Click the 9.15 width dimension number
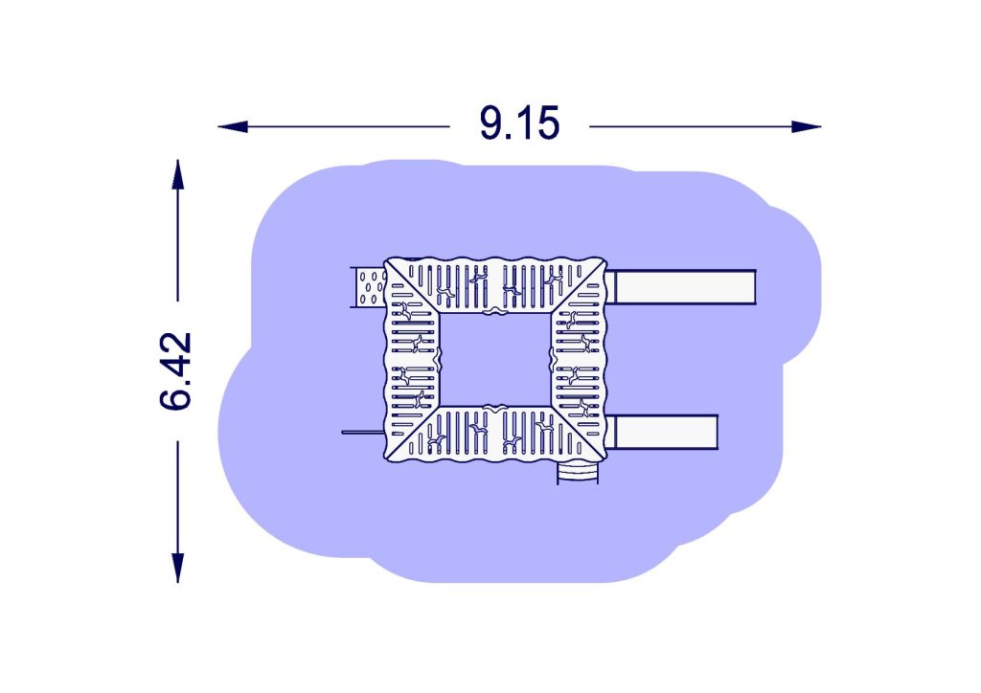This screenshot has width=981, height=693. coord(519,123)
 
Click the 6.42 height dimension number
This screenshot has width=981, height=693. coord(176,371)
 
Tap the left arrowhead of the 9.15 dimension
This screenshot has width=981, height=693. coord(233,127)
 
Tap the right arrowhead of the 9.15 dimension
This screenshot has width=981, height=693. coord(806,127)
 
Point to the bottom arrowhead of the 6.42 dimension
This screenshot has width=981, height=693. coord(178,568)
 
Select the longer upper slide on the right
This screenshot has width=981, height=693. coord(681,287)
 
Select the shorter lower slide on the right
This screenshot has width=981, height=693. coord(661,432)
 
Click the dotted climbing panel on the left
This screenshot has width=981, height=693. coord(369,287)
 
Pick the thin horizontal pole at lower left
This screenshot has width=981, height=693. coord(363,432)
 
